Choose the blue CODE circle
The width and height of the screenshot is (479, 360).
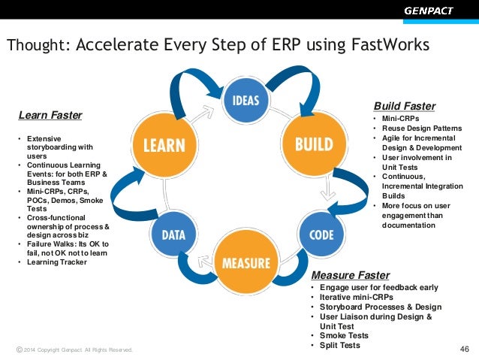pyautogui.click(x=321, y=234)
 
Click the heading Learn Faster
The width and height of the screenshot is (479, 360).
pyautogui.click(x=50, y=115)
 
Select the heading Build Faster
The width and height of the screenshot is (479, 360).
pyautogui.click(x=404, y=106)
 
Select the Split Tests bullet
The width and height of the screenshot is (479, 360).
pyautogui.click(x=339, y=345)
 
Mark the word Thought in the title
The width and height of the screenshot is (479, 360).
pyautogui.click(x=37, y=46)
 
